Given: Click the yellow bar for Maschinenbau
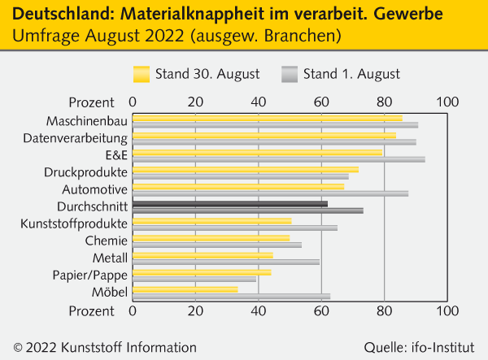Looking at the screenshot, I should (267, 119).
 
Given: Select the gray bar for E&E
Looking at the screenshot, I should (278, 159).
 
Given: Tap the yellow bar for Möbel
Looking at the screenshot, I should (185, 289).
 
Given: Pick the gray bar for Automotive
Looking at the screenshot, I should (270, 193).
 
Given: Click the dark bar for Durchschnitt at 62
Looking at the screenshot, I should (229, 204).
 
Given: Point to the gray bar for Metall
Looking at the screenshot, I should (226, 262).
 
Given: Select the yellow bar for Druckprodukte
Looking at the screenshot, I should (245, 170).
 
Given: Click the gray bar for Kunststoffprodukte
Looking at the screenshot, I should (235, 228).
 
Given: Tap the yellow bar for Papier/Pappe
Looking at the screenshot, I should (202, 272).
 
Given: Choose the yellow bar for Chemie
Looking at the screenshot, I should (211, 238).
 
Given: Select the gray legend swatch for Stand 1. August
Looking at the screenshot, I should (288, 74).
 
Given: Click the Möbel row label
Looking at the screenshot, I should (110, 293).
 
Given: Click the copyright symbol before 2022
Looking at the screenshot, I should (18, 347).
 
